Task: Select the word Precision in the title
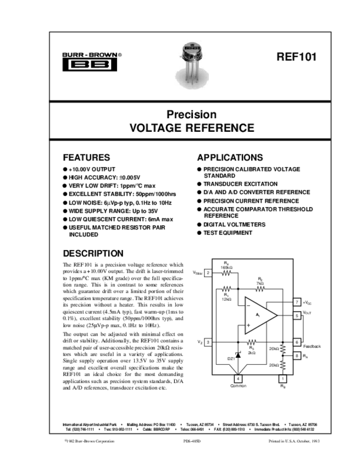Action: (x=191, y=115)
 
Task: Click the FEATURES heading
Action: (x=86, y=157)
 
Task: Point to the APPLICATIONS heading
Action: (x=230, y=157)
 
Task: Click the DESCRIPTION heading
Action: (x=93, y=253)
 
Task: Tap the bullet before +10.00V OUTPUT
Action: (x=66, y=170)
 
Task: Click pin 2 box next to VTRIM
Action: (x=207, y=272)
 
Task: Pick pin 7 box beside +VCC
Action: (x=297, y=303)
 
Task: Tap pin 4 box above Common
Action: (x=237, y=379)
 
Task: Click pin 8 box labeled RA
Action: (x=297, y=356)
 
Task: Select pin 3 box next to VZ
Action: (x=207, y=342)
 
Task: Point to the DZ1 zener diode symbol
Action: (x=237, y=356)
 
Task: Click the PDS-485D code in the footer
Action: (x=191, y=441)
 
